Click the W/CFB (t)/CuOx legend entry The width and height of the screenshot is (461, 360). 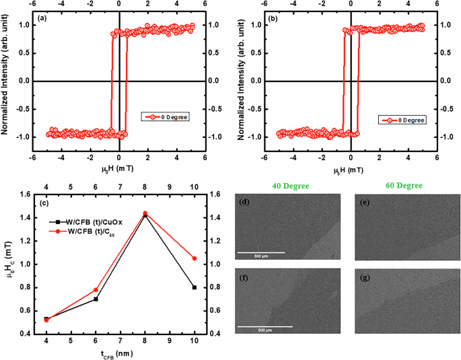87,219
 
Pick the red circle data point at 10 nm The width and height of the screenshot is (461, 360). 195,258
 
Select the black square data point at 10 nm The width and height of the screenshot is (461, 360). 195,287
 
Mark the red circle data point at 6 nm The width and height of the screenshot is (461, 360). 96,290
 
